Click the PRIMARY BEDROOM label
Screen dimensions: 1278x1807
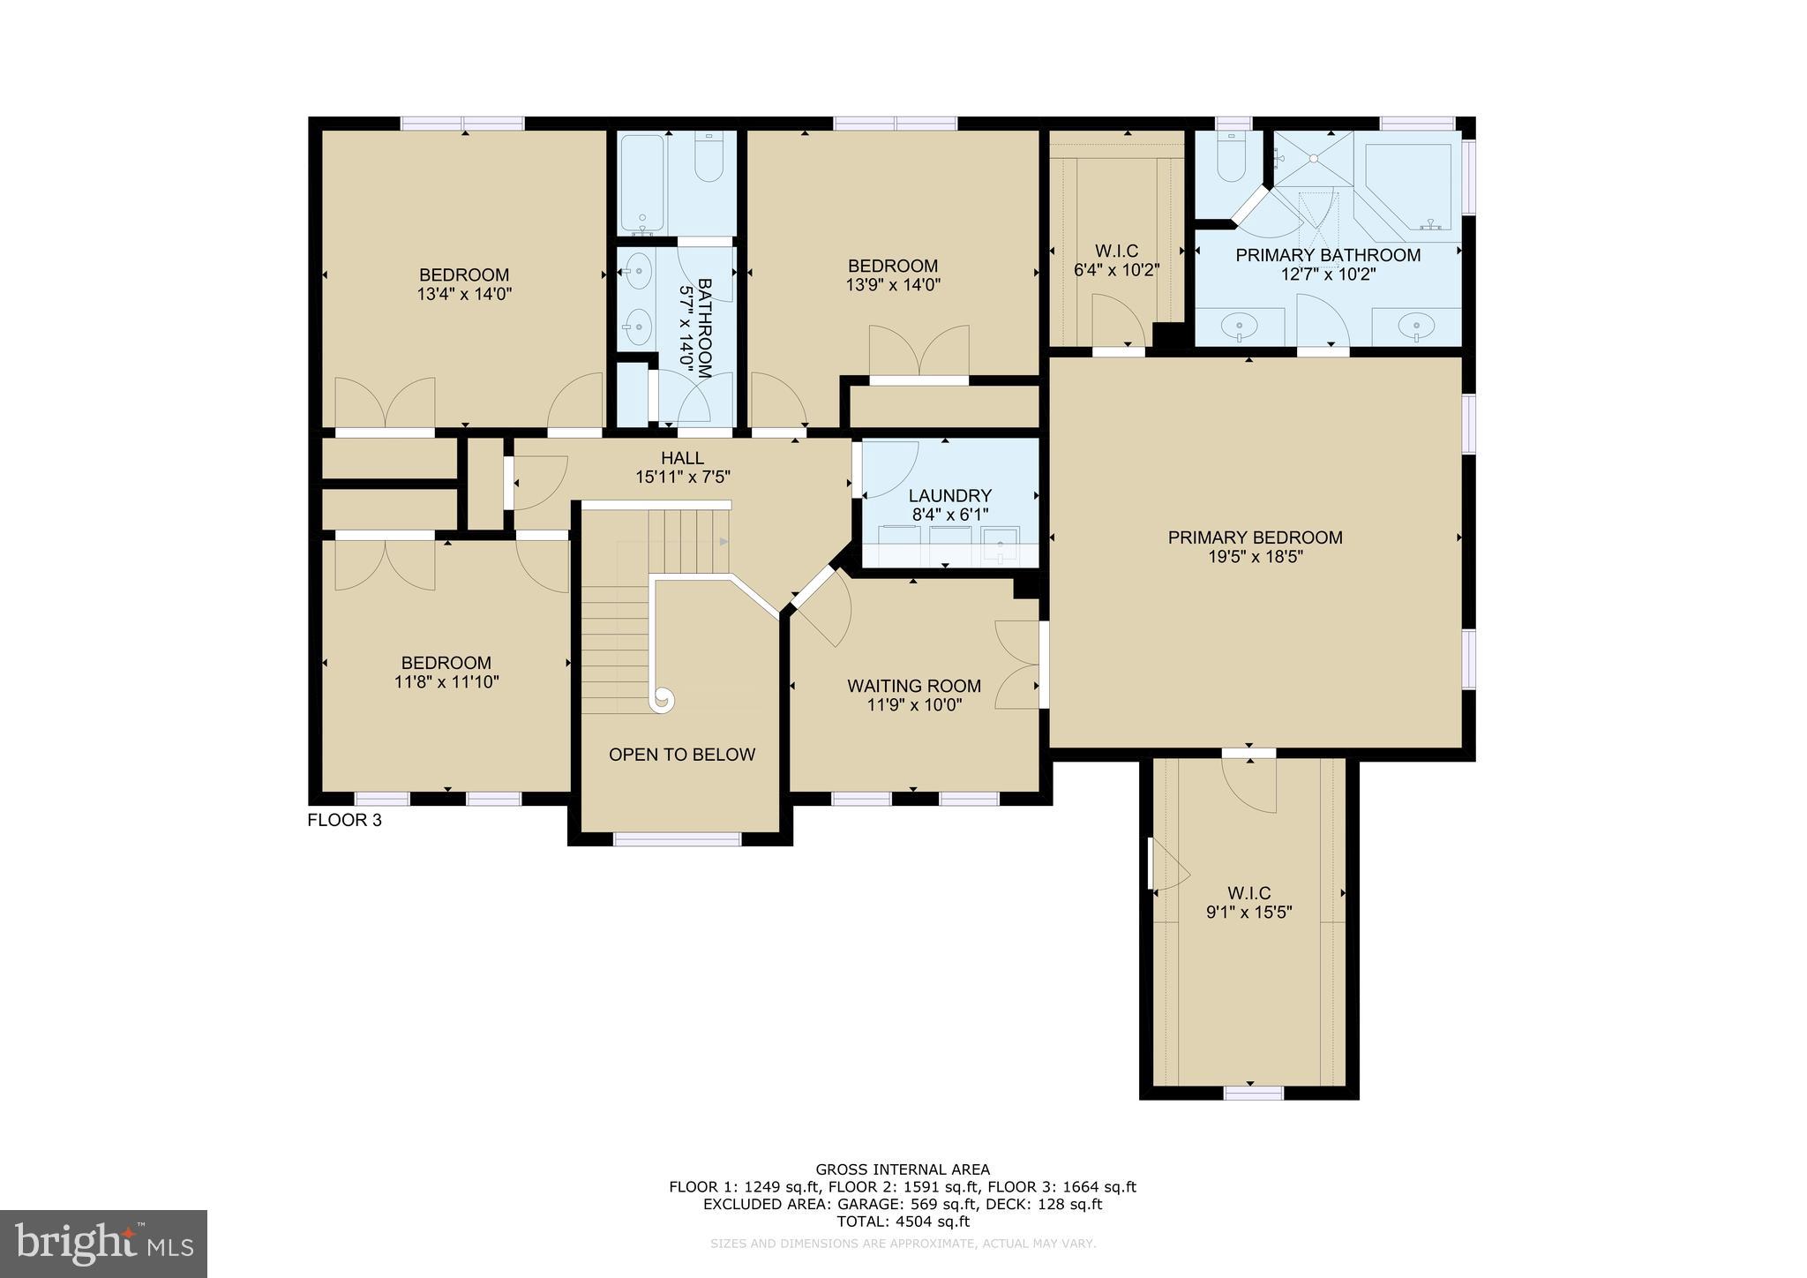coord(1255,538)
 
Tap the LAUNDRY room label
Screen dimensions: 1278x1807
coord(949,496)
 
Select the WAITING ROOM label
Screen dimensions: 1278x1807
coord(914,686)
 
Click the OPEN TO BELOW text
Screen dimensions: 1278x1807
coord(682,755)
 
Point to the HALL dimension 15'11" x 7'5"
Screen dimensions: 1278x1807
coord(683,477)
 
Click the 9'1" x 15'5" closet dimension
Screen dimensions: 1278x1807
coord(1248,913)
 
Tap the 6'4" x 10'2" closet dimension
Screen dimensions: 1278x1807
coord(1116,270)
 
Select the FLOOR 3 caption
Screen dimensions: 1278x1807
coord(344,820)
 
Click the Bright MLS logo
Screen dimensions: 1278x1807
coord(103,1244)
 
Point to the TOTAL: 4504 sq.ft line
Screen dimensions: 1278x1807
coord(903,1222)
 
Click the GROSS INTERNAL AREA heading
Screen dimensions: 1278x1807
coord(903,1170)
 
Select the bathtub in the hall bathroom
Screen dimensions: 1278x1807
coord(641,181)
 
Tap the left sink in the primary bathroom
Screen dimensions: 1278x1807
coord(1240,327)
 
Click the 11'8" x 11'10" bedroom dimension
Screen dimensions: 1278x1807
coord(446,682)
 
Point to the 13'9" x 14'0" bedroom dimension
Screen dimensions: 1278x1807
coord(893,285)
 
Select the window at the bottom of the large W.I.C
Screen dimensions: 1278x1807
coord(1253,1093)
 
